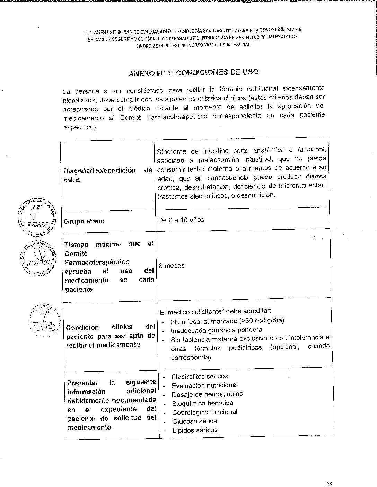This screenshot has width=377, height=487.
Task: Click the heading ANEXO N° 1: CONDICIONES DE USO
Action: [193, 73]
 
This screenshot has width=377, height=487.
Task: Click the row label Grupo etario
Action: [84, 221]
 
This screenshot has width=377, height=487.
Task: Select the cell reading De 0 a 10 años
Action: [181, 220]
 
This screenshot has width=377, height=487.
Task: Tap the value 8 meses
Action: [172, 266]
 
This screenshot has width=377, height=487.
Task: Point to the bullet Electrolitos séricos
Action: [200, 376]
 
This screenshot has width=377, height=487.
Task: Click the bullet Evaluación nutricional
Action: [204, 385]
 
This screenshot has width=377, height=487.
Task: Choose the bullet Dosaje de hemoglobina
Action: [207, 394]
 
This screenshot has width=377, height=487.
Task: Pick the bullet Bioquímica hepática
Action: [202, 403]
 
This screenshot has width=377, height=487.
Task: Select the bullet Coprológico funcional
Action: [204, 412]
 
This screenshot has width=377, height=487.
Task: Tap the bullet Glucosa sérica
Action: [194, 421]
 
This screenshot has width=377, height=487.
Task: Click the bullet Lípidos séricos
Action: [195, 430]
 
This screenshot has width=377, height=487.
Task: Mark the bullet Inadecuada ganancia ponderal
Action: [217, 330]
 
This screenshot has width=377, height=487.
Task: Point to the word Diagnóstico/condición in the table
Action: [100, 171]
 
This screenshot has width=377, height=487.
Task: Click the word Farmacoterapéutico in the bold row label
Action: [97, 262]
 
